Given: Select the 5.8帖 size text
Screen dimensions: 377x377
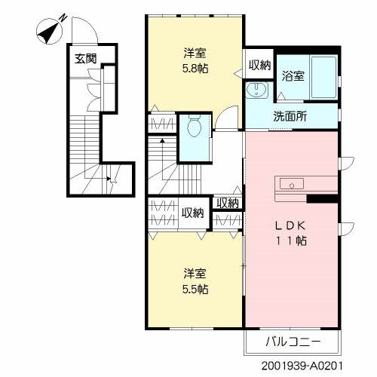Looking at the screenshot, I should point(195,69).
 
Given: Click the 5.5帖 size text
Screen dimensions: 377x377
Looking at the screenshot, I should point(195,289).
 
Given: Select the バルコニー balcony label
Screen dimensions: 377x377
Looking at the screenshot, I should point(293,342).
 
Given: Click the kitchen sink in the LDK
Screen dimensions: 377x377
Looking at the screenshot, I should point(291,183).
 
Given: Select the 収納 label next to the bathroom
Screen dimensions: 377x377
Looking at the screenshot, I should point(257,65).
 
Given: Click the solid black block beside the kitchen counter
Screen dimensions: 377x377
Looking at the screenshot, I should point(321,198).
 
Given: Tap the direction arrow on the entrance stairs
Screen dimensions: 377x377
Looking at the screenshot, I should point(110,179).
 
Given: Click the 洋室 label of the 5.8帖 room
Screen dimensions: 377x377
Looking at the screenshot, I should point(195,54).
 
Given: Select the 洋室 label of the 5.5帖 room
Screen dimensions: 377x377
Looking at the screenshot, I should point(195,274).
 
